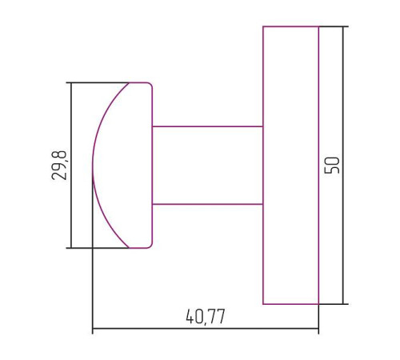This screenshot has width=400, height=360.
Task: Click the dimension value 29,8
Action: (59, 165)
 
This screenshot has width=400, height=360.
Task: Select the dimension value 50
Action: (333, 165)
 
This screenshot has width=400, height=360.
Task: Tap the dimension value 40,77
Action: (206, 316)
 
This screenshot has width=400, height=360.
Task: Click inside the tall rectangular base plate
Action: (290, 165)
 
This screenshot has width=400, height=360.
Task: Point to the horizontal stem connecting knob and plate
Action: (207, 165)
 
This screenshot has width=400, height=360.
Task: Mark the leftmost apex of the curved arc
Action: (93, 166)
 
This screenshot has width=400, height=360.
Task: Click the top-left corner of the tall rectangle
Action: (263, 26)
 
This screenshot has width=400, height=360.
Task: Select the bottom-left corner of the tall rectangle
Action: (263, 304)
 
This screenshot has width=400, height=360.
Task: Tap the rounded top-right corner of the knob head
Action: (150, 84)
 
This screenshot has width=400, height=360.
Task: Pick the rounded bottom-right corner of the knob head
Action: (150, 246)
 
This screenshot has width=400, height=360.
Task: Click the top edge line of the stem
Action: (207, 126)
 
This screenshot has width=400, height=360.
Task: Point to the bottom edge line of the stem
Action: (207, 204)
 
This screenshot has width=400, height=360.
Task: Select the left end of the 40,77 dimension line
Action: (93, 329)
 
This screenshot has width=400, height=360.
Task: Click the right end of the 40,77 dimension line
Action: (318, 329)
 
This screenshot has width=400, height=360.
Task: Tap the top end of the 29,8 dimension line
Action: (71, 82)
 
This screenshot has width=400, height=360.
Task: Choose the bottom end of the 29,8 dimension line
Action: (71, 248)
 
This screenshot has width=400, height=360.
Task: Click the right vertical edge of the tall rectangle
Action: (318, 165)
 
